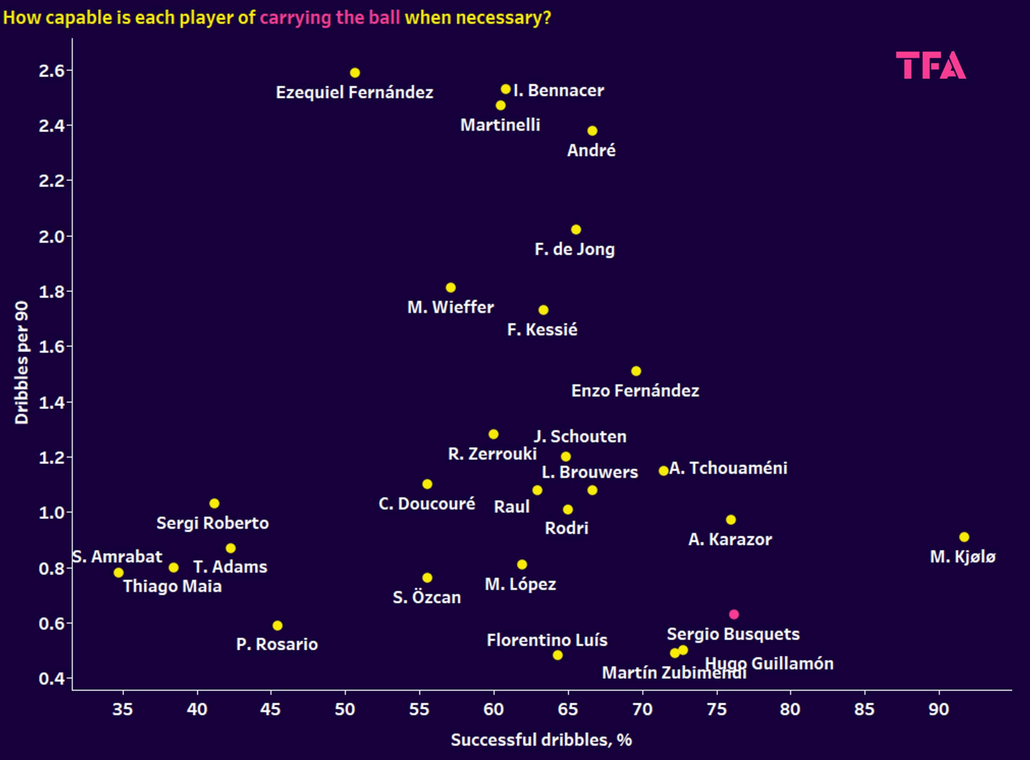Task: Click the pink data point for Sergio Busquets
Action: click(x=733, y=614)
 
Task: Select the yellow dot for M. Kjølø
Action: click(x=964, y=537)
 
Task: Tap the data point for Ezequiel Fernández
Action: click(x=354, y=73)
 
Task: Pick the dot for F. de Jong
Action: click(x=576, y=230)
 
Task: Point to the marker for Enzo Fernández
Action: click(x=636, y=371)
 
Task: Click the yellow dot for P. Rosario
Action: click(x=277, y=626)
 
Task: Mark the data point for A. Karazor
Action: click(x=730, y=520)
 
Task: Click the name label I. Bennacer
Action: click(x=558, y=90)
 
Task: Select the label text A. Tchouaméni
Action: click(x=728, y=468)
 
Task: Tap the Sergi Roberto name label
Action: click(x=212, y=523)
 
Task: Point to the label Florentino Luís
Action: click(x=547, y=640)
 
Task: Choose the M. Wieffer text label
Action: click(x=450, y=307)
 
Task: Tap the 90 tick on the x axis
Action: click(x=938, y=709)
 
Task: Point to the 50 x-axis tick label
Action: click(x=345, y=709)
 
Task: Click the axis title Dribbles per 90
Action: click(x=22, y=363)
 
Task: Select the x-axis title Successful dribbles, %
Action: click(x=541, y=740)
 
